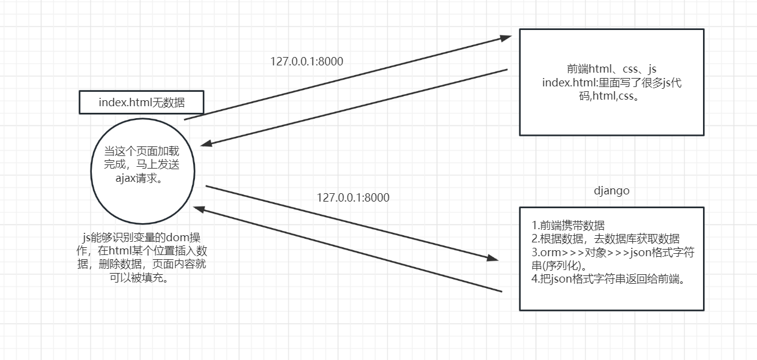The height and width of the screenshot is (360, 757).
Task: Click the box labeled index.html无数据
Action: coord(142,103)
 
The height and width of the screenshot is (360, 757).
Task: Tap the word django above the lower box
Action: coord(612,191)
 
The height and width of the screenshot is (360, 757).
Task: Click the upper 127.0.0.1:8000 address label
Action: coord(307,61)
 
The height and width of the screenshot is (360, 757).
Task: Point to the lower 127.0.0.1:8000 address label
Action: coord(353,197)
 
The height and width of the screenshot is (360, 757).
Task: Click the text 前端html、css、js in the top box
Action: coord(611,68)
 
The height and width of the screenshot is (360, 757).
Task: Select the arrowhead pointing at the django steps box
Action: coord(492,258)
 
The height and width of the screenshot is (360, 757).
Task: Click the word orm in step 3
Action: coord(549,253)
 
